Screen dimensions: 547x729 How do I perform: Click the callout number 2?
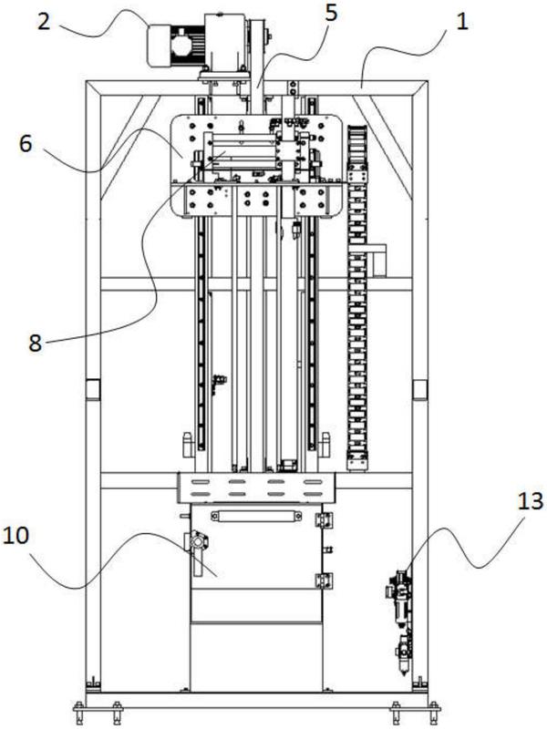click(x=44, y=22)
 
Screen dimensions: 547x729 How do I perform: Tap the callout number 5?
click(x=331, y=13)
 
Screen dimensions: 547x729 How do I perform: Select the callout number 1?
click(x=462, y=22)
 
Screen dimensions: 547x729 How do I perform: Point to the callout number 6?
click(x=26, y=144)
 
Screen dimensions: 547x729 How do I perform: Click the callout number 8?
click(x=36, y=344)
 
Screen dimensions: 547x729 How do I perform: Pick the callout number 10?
click(x=15, y=536)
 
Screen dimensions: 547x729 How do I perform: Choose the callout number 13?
click(x=531, y=501)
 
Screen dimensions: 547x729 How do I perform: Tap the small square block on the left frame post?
click(x=93, y=390)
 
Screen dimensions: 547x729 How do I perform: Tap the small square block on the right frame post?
click(x=420, y=390)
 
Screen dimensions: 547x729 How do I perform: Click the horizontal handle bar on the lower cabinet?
click(x=256, y=516)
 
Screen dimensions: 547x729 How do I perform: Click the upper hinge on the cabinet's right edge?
click(x=325, y=519)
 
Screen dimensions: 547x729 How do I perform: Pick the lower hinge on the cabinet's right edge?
click(x=325, y=580)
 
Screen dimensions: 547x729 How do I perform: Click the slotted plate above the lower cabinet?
click(x=256, y=488)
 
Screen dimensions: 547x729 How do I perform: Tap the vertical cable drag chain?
click(x=358, y=293)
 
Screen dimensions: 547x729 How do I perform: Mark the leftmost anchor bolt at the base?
click(x=79, y=711)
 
